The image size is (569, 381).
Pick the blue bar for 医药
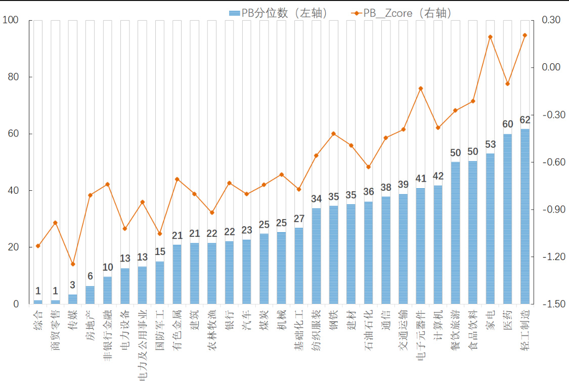pos(507,219)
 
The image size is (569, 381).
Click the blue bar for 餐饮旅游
pos(455,233)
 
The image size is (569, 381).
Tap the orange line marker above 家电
pos(490,37)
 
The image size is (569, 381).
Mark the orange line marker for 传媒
pos(73,264)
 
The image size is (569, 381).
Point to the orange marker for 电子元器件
pos(420,89)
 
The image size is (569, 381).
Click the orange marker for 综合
pos(38,246)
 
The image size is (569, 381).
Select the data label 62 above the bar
pos(525,120)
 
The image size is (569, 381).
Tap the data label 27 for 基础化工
pos(299,219)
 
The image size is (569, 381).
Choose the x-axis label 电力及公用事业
pos(142,345)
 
